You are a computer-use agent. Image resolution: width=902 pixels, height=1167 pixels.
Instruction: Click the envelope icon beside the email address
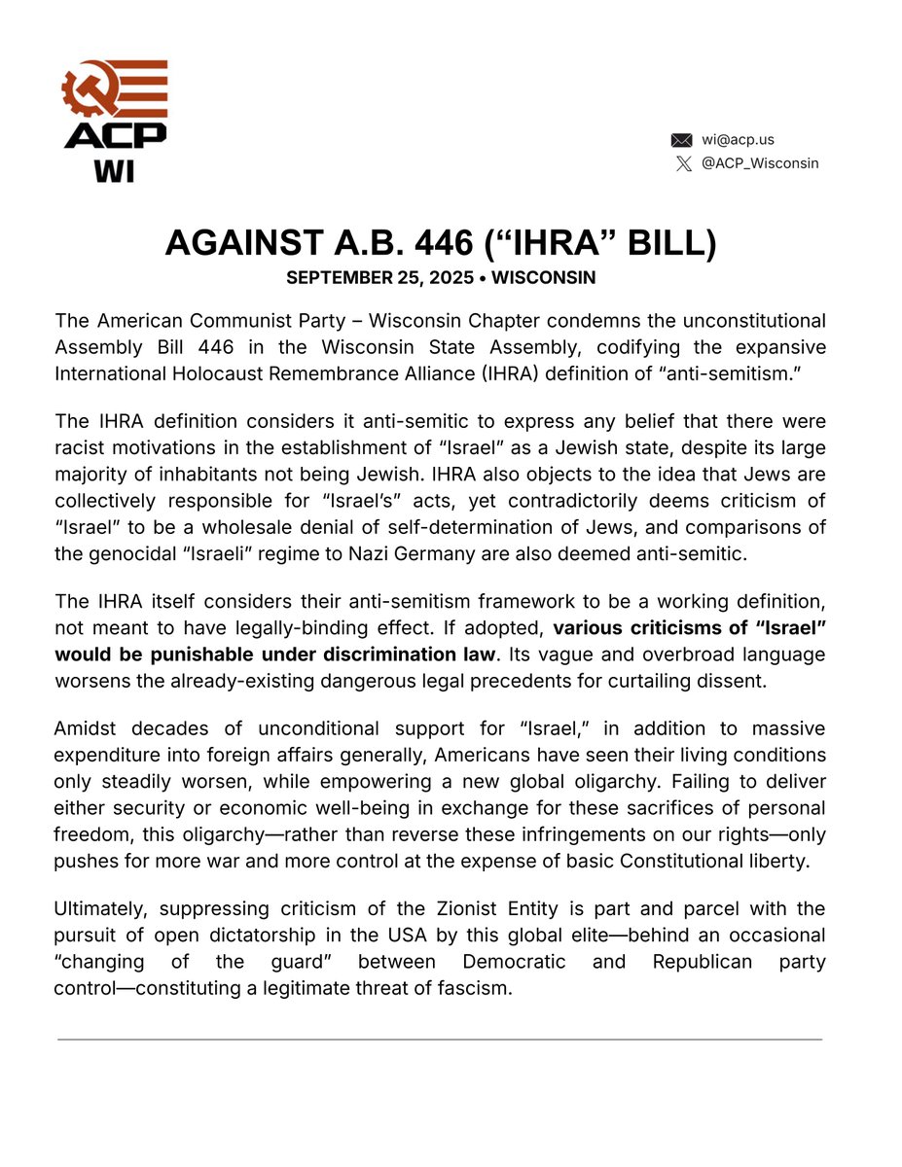point(681,140)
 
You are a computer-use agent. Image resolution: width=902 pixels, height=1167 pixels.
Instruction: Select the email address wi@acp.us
point(738,140)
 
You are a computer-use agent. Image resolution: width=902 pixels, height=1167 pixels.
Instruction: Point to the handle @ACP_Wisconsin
point(760,163)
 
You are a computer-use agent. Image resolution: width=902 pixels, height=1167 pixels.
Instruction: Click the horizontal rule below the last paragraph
point(440,1040)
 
